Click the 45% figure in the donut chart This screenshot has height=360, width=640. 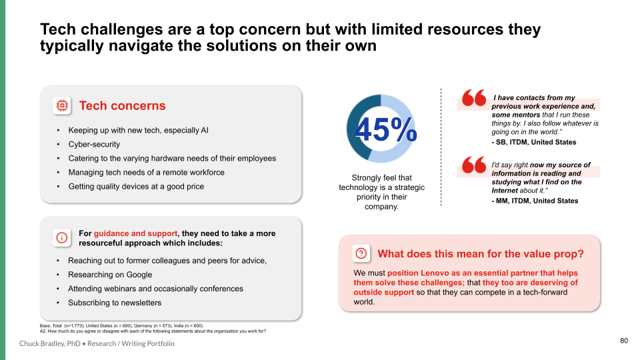click(386, 129)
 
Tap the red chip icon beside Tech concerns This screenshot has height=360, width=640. click(62, 106)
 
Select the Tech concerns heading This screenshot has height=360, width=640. click(123, 106)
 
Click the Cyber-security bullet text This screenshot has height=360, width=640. click(94, 145)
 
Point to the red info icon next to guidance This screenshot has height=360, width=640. click(61, 237)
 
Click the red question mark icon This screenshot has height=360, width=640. click(361, 253)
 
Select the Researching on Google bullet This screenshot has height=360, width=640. click(110, 275)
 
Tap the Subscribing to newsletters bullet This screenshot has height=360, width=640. click(115, 303)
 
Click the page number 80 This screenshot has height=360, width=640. click(624, 341)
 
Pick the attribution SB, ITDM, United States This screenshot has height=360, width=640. click(534, 143)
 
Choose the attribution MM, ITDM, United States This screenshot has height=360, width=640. click(535, 201)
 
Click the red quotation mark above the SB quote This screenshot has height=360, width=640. click(474, 97)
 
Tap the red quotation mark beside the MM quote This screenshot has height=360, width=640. click(474, 165)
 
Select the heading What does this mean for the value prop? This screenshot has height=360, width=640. click(481, 254)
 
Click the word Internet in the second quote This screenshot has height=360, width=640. click(505, 191)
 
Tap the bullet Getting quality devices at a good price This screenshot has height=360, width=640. click(136, 187)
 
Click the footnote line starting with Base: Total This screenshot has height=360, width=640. click(121, 326)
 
